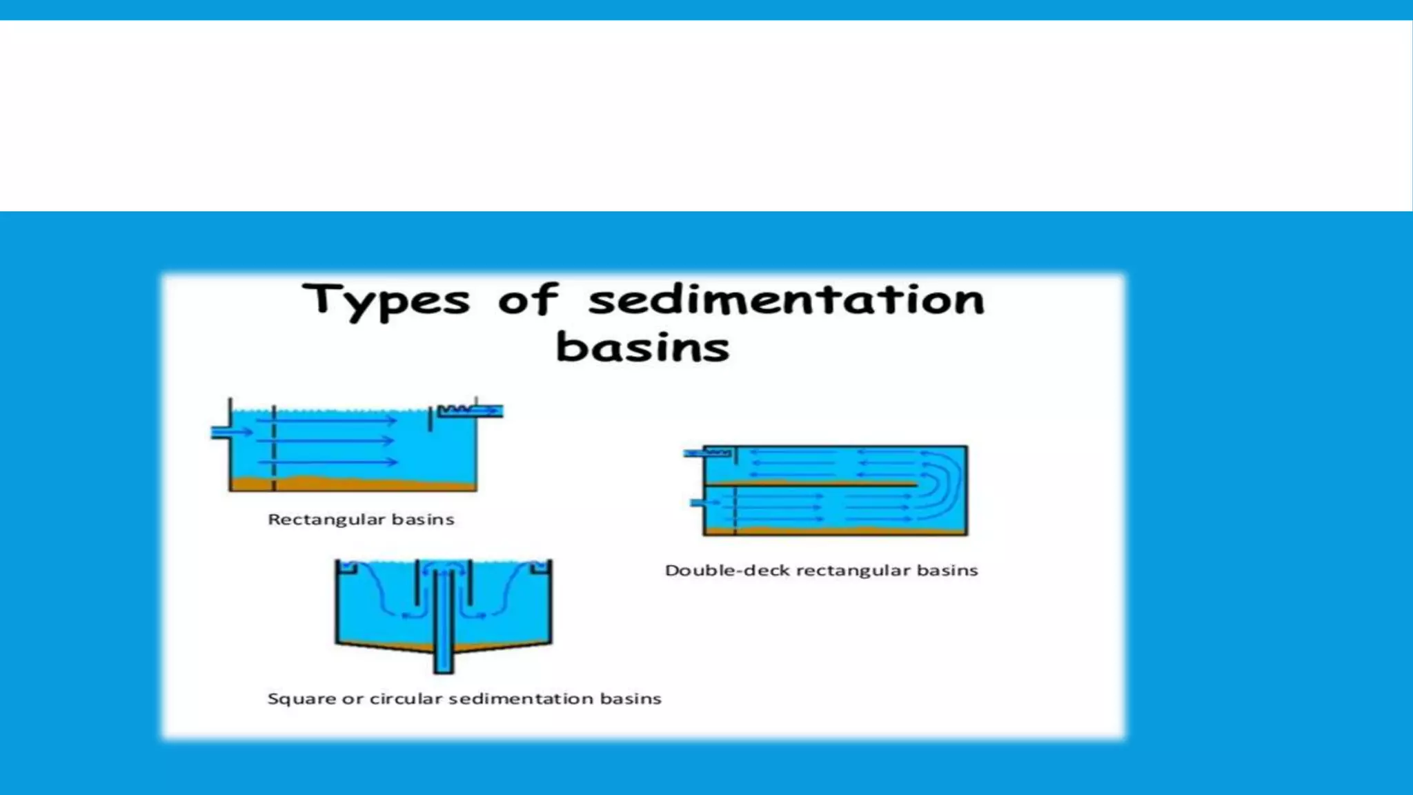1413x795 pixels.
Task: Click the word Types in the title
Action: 386,302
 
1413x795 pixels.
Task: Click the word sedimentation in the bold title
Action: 786,300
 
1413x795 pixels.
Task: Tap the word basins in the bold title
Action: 642,347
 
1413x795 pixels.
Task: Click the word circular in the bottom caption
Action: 405,699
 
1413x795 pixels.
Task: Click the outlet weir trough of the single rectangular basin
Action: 469,411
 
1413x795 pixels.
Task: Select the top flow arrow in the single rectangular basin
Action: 328,420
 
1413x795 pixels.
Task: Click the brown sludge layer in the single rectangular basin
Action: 352,483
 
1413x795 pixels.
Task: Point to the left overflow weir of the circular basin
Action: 349,567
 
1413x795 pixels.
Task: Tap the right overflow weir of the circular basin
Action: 539,567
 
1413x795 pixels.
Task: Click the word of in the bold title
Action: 528,300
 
